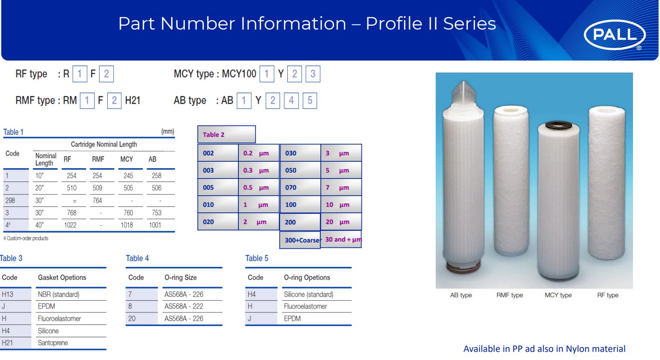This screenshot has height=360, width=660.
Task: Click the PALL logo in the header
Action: click(x=615, y=35)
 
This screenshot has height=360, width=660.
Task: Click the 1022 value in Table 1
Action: click(x=70, y=225)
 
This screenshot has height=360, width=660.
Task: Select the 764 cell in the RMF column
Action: click(x=97, y=201)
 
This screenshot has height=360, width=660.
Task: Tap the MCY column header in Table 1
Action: click(x=127, y=159)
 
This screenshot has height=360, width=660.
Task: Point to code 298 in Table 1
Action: click(x=10, y=201)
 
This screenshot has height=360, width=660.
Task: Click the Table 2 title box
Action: click(x=226, y=134)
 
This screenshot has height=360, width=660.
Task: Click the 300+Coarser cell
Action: click(x=300, y=240)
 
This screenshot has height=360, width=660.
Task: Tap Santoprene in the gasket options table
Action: click(x=53, y=343)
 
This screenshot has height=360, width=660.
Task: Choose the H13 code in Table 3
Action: click(x=7, y=294)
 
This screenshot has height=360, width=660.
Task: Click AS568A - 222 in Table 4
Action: click(x=184, y=306)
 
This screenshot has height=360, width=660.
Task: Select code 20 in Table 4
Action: click(x=132, y=319)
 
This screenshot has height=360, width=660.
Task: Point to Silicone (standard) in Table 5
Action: click(x=308, y=294)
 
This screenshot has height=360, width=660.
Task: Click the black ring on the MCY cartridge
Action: click(x=558, y=125)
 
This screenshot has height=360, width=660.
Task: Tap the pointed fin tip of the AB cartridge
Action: click(x=464, y=81)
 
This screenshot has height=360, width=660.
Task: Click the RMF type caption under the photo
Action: click(x=509, y=295)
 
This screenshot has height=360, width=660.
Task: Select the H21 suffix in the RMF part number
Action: click(x=133, y=100)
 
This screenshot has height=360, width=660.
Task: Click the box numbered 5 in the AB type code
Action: click(x=310, y=100)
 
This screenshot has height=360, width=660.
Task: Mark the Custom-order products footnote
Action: click(x=26, y=238)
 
